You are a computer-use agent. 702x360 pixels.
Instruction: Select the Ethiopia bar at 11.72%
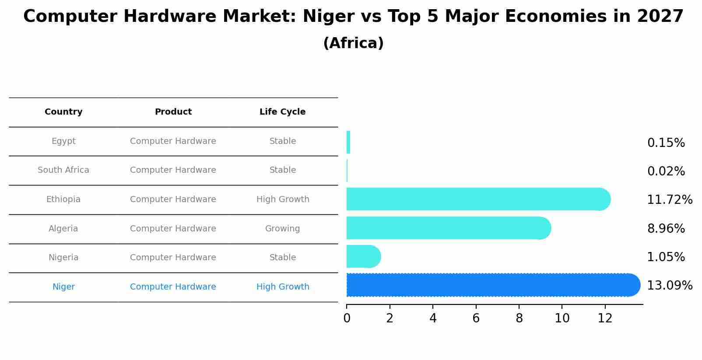point(477,199)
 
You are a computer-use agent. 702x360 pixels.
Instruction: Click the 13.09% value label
point(669,286)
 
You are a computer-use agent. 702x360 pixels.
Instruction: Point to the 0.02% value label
point(666,171)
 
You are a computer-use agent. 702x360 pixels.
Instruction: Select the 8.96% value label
point(666,228)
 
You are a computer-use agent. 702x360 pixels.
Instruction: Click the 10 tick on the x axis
point(562,318)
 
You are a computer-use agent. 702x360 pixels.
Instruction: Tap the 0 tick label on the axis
point(347,318)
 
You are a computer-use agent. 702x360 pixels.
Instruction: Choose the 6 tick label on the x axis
point(476,318)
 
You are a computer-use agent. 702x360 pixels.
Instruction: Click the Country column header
point(63,112)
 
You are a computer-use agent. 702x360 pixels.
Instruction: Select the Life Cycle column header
point(282,112)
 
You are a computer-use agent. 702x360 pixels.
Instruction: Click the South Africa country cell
point(63,170)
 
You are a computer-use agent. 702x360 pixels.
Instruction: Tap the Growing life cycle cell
point(282,228)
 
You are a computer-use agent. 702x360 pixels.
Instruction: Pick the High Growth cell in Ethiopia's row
point(283,199)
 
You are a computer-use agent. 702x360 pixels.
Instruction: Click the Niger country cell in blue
point(63,287)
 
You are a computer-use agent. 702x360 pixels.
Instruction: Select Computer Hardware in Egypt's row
point(173,141)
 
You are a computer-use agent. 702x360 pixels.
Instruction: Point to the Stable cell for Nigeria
point(283,258)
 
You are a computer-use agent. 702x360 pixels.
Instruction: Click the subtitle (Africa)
point(353,43)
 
